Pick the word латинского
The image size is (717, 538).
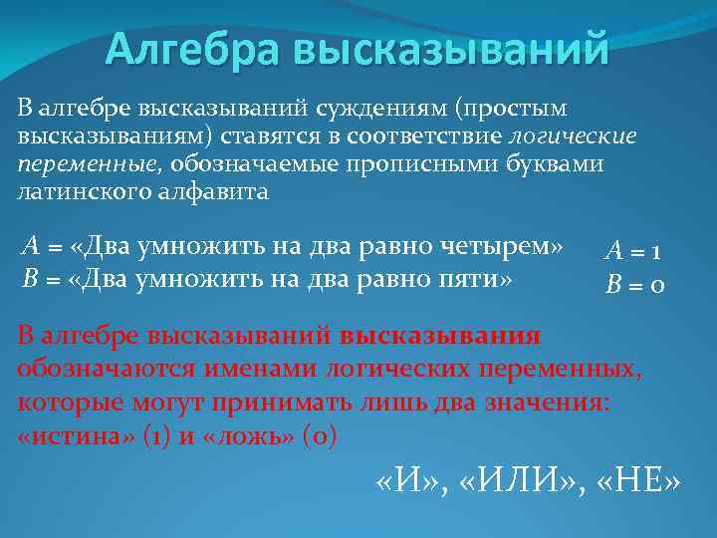(x=80, y=191)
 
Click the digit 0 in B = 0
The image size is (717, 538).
(x=658, y=287)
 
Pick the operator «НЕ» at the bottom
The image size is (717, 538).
(x=639, y=483)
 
